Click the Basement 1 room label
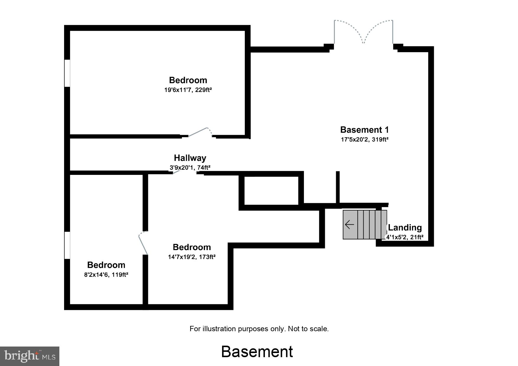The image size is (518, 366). (364, 130)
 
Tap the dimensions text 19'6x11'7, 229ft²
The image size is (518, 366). (188, 90)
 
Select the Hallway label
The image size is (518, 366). (190, 158)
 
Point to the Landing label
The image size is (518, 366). (405, 227)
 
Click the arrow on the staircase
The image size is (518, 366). (349, 225)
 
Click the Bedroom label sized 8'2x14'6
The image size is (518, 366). (106, 265)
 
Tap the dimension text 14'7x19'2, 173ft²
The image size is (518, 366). (192, 257)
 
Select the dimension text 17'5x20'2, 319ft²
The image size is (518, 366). (364, 139)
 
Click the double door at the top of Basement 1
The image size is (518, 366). (364, 32)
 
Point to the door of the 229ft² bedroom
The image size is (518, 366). (199, 132)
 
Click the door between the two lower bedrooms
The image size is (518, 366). (143, 243)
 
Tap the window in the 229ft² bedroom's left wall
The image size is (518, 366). (67, 73)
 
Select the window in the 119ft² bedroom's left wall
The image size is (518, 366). (67, 245)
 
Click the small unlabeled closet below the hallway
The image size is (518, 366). (271, 191)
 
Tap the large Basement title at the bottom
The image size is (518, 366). (257, 352)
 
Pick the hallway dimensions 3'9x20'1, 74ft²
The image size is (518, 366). (190, 168)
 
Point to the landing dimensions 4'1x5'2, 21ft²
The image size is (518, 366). (405, 237)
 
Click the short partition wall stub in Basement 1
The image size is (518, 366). (338, 187)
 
